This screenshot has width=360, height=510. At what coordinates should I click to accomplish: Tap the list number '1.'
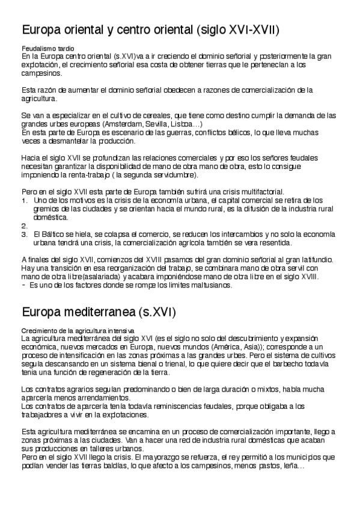click(24, 200)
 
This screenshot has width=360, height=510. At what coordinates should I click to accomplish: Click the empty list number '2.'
click(24, 226)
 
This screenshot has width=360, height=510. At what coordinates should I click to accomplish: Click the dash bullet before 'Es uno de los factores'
click(24, 285)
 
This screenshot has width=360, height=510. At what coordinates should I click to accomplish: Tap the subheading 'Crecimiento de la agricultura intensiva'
click(78, 331)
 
